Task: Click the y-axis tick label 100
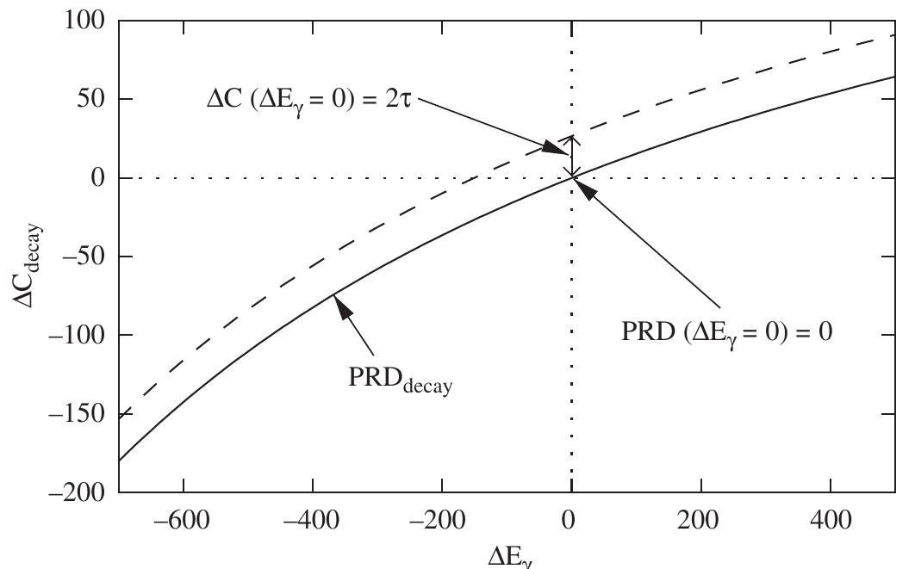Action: pyautogui.click(x=85, y=21)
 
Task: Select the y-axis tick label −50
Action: pyautogui.click(x=84, y=257)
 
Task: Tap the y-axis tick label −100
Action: pyautogui.click(x=78, y=335)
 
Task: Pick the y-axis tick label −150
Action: pyautogui.click(x=78, y=414)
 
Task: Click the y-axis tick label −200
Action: pyautogui.click(x=78, y=492)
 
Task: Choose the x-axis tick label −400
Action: pyautogui.click(x=313, y=522)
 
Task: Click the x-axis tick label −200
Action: pyautogui.click(x=442, y=522)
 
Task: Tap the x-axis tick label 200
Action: pyautogui.click(x=701, y=522)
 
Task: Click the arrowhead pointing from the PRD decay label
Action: pyautogui.click(x=343, y=307)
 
